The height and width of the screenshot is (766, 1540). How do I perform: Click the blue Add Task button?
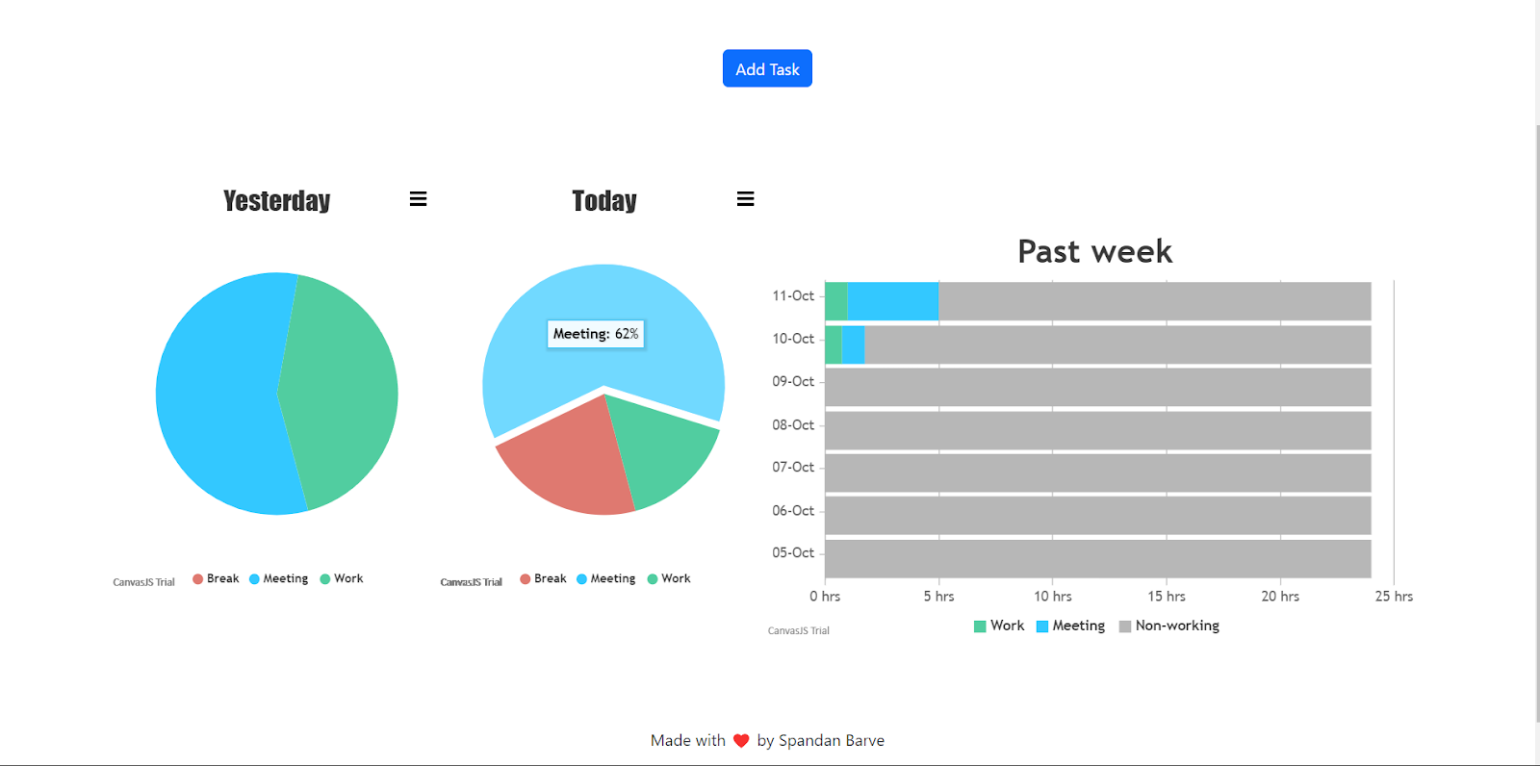click(767, 68)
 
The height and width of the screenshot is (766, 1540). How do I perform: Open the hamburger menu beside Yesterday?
click(418, 199)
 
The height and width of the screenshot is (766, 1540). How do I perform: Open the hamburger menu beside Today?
click(745, 199)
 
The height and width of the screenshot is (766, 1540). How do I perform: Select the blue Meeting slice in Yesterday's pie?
click(217, 395)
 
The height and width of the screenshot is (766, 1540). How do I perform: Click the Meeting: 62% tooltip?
click(596, 334)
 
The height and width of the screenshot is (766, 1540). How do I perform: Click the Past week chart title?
click(1094, 251)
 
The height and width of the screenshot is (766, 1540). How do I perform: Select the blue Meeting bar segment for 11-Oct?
click(892, 301)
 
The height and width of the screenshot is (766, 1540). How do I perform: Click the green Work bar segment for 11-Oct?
click(835, 301)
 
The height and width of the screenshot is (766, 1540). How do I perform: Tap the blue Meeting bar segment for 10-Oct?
click(853, 345)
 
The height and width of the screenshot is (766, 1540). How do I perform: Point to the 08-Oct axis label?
click(793, 424)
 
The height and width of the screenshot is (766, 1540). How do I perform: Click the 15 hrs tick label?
click(1166, 597)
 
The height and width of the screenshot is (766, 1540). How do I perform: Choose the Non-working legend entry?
click(1169, 626)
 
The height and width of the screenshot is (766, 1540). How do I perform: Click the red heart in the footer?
click(741, 741)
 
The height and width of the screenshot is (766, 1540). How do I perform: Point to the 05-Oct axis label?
click(793, 552)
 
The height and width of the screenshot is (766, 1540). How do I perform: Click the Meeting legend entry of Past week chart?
click(1070, 626)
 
